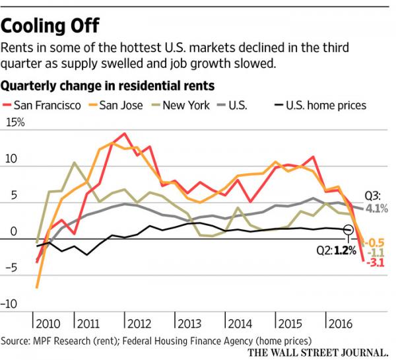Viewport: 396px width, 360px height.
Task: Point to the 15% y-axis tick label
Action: pos(16,123)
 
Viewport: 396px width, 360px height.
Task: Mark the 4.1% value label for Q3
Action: pos(377,209)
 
